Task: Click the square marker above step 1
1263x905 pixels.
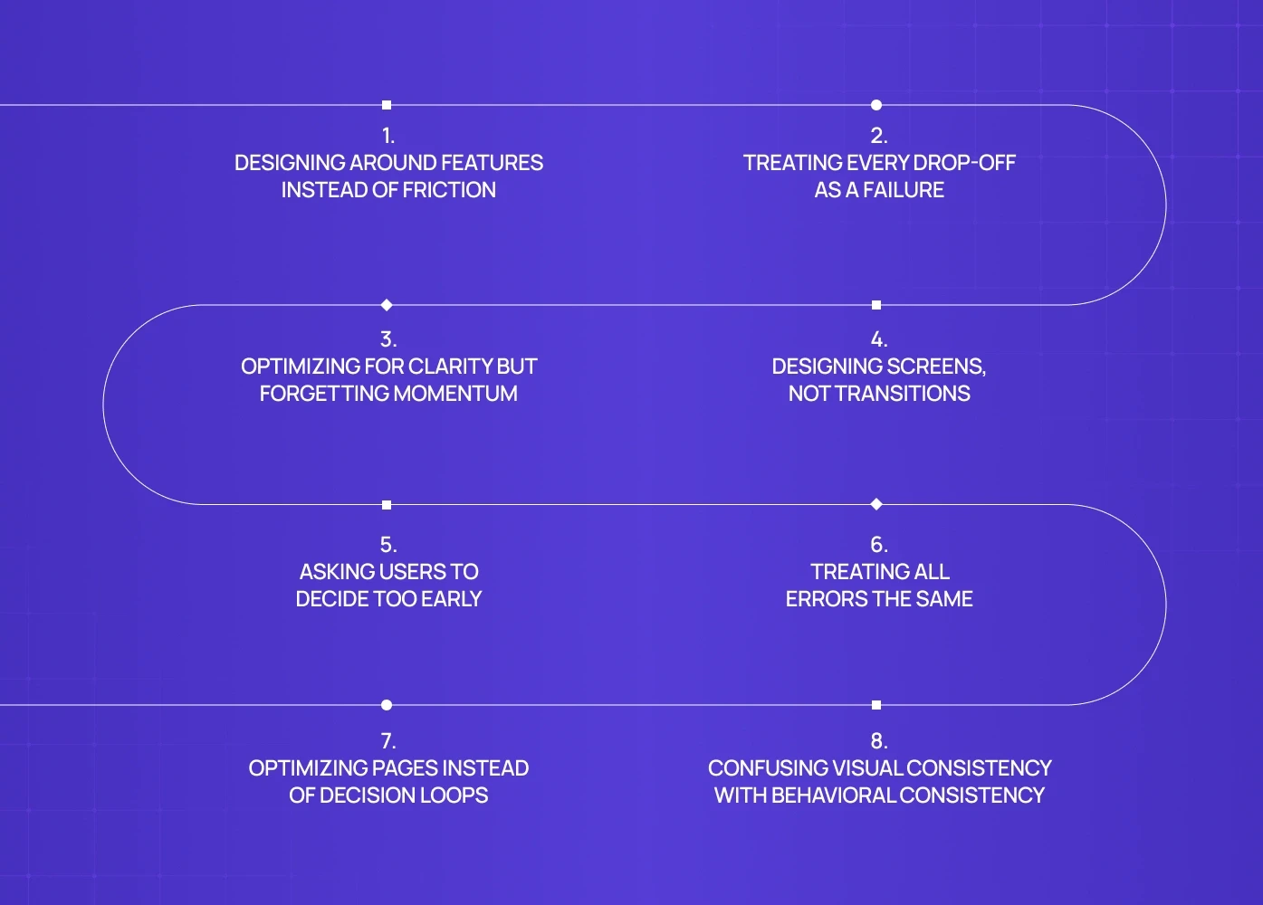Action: point(387,105)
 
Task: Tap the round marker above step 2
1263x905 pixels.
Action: point(876,105)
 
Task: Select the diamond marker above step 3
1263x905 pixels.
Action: point(387,305)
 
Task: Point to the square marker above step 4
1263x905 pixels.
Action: point(876,305)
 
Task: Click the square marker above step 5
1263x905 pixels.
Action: point(387,505)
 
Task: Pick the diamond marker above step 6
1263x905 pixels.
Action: point(876,504)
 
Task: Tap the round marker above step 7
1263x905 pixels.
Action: point(387,705)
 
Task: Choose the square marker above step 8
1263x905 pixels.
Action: point(876,705)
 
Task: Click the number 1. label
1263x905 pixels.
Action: point(388,136)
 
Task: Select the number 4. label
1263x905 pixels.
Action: point(879,339)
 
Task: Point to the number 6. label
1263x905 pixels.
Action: point(879,545)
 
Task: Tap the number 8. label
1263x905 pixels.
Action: point(879,741)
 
